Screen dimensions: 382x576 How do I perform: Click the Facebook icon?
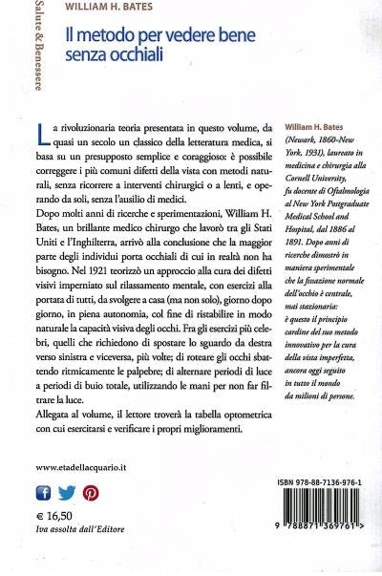click(43, 493)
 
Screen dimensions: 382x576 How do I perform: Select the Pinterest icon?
click(91, 493)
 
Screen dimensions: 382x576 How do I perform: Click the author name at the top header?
click(112, 11)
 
